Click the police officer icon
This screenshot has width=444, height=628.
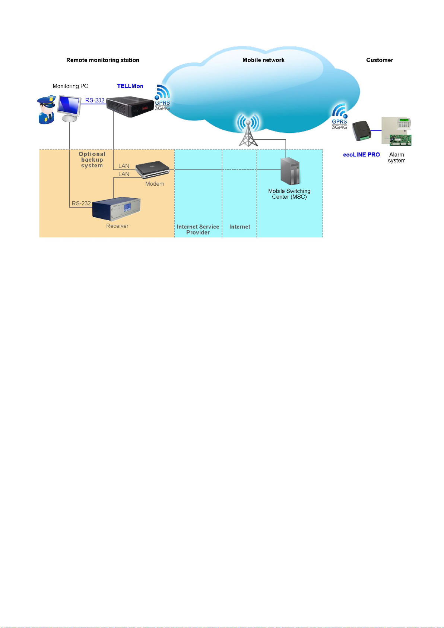point(46,110)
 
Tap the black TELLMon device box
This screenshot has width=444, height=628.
point(130,106)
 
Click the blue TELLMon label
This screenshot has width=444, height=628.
point(130,86)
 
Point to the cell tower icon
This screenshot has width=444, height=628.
point(248,130)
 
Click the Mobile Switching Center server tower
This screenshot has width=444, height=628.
point(290,171)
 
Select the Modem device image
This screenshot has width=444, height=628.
point(152,170)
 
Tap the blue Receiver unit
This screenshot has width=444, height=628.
point(116,209)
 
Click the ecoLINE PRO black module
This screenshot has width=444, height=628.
point(362,131)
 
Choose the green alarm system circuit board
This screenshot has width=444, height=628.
point(400,140)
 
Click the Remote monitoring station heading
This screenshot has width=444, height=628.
point(102,60)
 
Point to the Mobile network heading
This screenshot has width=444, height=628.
point(263,60)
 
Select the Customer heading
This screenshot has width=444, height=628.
point(379,60)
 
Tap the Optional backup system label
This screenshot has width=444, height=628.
point(92,160)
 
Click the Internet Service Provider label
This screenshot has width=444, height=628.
point(198,230)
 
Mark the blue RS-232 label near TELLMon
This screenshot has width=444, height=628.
point(95,100)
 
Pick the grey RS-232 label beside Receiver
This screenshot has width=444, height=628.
point(81,203)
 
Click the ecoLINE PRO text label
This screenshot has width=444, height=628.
point(361,154)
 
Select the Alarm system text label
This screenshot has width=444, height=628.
point(396,158)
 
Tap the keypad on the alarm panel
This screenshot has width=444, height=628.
point(404,123)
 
